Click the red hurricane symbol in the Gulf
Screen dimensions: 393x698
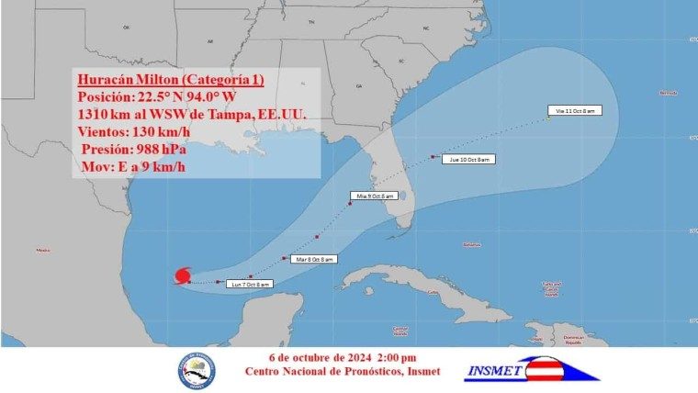(182, 275)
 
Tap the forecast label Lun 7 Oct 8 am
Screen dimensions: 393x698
(249, 285)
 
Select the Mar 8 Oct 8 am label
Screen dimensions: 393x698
(314, 260)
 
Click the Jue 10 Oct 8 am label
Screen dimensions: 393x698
(468, 160)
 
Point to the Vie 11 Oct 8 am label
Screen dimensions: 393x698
(572, 110)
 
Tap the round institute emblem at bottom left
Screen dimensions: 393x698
(196, 370)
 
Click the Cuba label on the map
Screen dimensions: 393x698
(433, 292)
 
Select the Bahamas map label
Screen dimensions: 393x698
(472, 244)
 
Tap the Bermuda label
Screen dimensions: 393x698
(668, 93)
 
